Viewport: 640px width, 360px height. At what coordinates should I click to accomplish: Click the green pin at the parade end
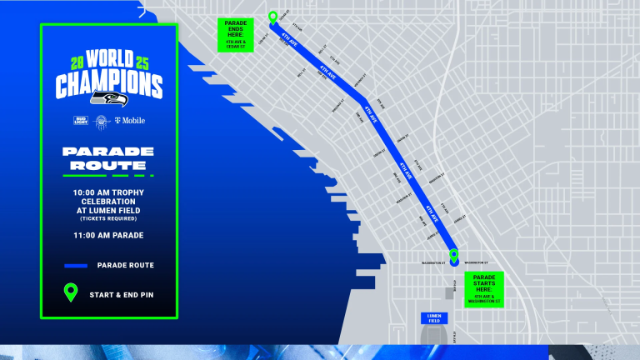tap(272, 17)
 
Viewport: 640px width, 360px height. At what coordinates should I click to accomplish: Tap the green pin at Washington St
tap(453, 256)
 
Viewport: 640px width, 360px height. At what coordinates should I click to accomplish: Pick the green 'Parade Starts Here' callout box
tap(484, 288)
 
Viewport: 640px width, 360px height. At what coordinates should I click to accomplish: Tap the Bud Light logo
tap(81, 121)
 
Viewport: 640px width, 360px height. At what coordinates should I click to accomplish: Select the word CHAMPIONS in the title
tap(109, 85)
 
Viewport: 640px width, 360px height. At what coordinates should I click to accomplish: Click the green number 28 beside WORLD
tap(71, 63)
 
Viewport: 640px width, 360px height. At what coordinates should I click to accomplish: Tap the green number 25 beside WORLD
tap(147, 63)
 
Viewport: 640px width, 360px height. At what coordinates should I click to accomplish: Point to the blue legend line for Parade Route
tap(76, 266)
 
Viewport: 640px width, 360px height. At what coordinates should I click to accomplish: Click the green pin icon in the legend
tap(72, 293)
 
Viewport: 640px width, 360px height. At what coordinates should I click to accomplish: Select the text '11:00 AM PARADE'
tap(108, 235)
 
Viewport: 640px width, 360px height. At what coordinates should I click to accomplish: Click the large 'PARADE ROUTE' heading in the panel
tap(108, 158)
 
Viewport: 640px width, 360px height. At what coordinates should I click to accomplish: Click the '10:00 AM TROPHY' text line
tap(108, 192)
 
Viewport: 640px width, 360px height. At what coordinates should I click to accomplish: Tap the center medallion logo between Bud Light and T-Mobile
tap(102, 121)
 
